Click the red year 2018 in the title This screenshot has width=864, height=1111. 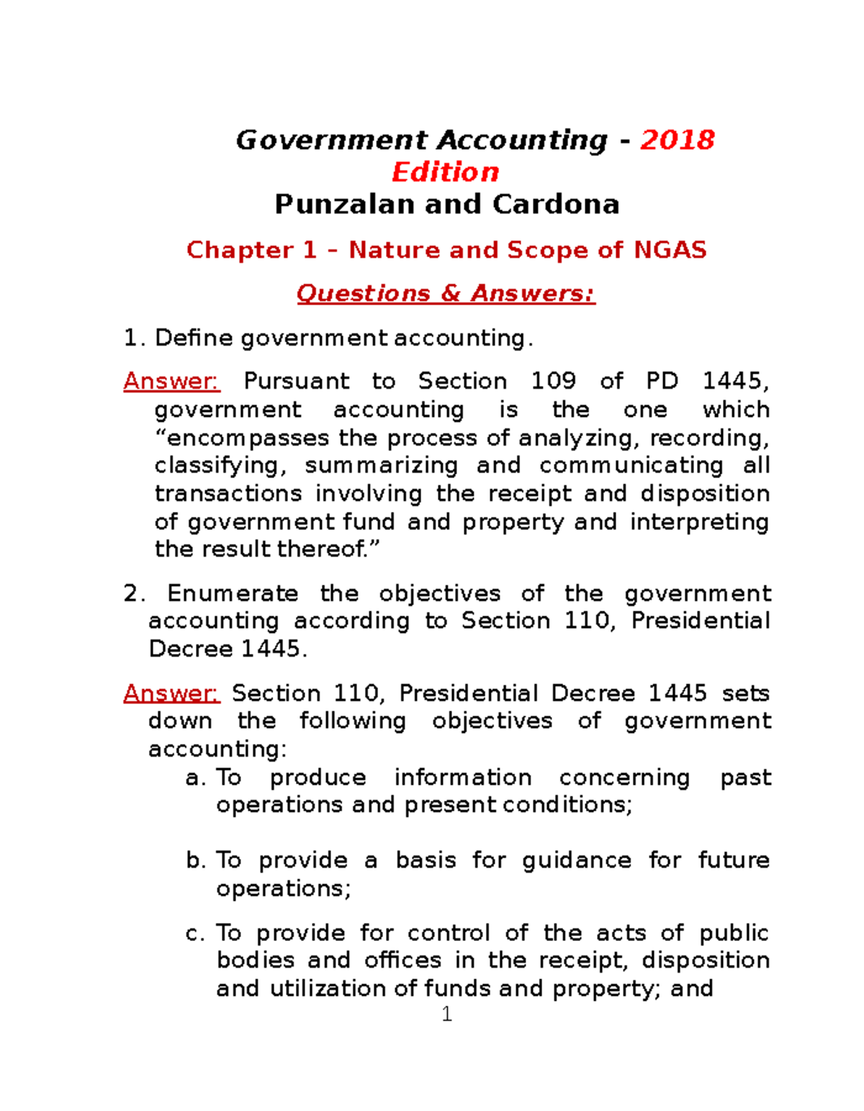pyautogui.click(x=678, y=140)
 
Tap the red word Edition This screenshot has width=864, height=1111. pyautogui.click(x=446, y=172)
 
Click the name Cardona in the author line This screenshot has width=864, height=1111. pyautogui.click(x=556, y=204)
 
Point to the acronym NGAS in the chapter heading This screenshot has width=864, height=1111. pyautogui.click(x=670, y=250)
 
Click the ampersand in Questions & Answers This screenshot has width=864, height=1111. pyautogui.click(x=451, y=294)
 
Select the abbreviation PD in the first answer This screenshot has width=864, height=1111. pyautogui.click(x=662, y=381)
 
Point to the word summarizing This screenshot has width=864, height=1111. pyautogui.click(x=381, y=466)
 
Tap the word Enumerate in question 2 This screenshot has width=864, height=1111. pyautogui.click(x=233, y=593)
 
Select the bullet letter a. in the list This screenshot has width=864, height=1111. pyautogui.click(x=196, y=778)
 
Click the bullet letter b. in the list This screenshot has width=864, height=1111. pyautogui.click(x=196, y=860)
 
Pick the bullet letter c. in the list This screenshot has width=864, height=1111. pyautogui.click(x=196, y=933)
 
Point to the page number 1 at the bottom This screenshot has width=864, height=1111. pyautogui.click(x=446, y=1015)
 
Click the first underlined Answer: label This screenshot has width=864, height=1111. pyautogui.click(x=171, y=381)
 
